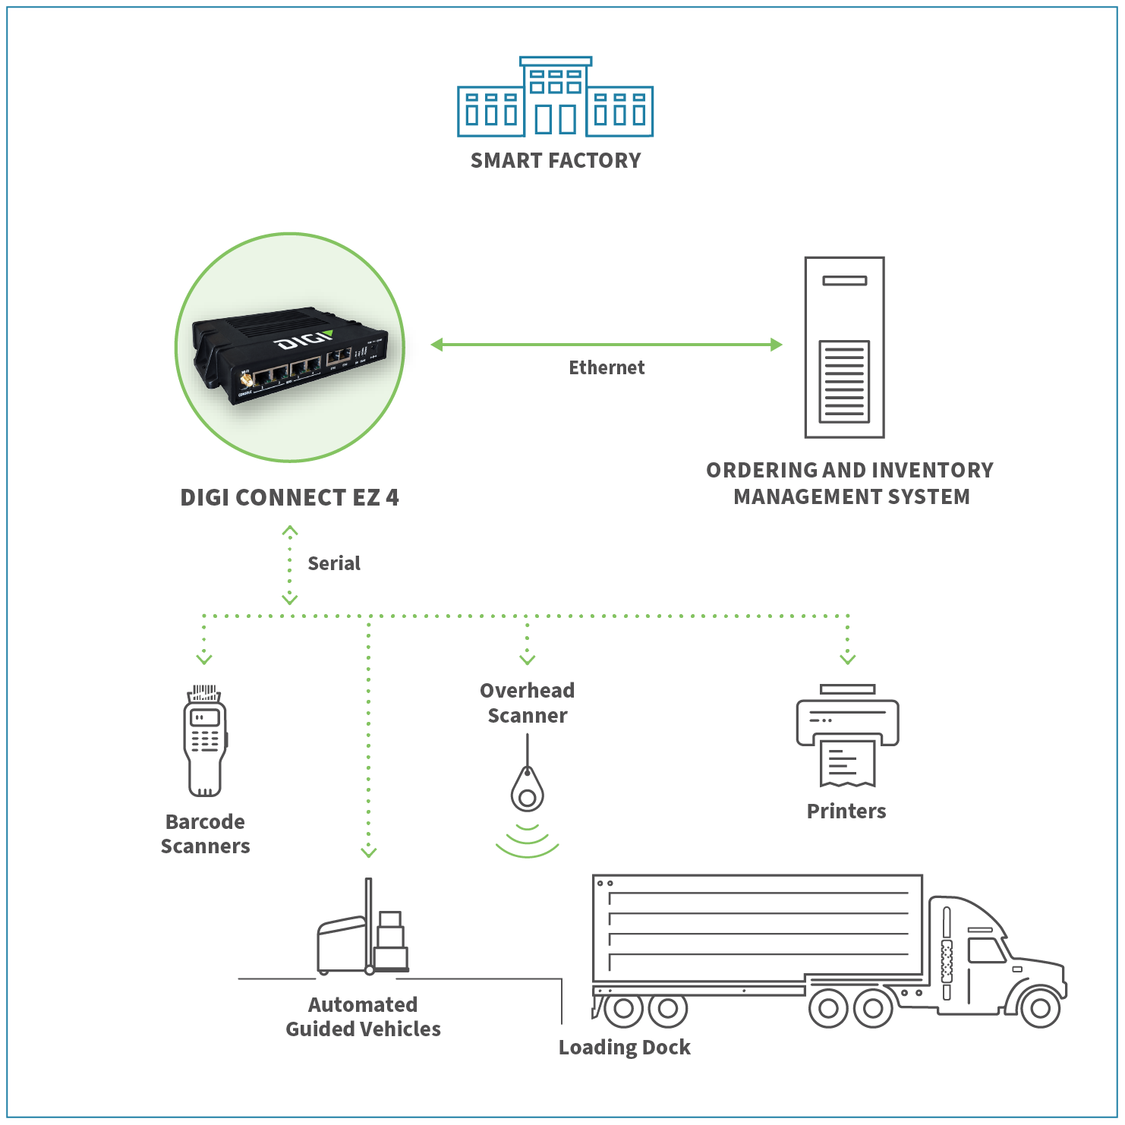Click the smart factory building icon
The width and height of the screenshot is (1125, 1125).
[555, 97]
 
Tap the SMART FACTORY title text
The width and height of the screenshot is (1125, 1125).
[556, 161]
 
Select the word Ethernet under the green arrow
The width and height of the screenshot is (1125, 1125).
[607, 368]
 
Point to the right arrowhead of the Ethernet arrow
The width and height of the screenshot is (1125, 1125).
[776, 345]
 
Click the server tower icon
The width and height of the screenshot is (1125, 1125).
[844, 347]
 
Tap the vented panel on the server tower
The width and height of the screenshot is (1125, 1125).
[844, 381]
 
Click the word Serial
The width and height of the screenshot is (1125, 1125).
[334, 563]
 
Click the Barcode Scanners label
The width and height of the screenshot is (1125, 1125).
[205, 834]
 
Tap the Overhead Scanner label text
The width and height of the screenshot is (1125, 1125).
[528, 703]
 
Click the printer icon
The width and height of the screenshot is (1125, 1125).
[847, 735]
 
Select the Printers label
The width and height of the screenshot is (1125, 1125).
[846, 811]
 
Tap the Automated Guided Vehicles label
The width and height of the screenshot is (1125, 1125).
[363, 1017]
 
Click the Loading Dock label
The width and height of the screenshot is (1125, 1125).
[625, 1048]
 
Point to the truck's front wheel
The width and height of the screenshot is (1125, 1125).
[1040, 1008]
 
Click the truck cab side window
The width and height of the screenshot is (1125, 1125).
[986, 950]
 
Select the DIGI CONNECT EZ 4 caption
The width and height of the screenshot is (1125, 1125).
[289, 498]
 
